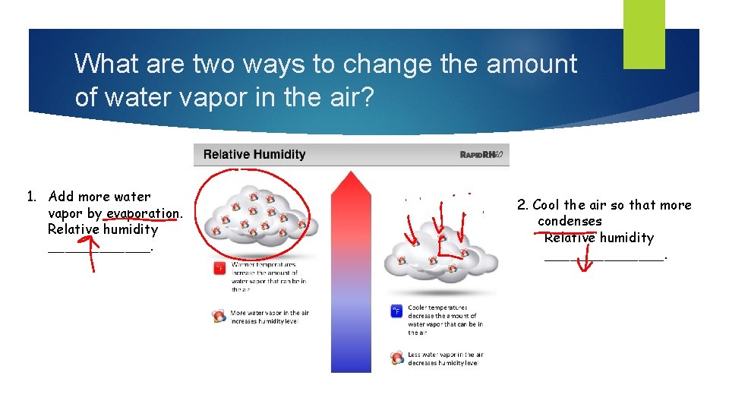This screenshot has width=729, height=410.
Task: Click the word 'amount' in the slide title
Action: (x=532, y=65)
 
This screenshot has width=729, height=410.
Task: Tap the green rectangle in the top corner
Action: (x=643, y=33)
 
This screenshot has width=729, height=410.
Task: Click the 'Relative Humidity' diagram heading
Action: (x=254, y=155)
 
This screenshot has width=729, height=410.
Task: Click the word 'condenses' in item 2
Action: (x=570, y=222)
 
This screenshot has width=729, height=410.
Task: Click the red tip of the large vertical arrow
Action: (x=351, y=182)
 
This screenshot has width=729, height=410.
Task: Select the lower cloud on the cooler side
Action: (x=439, y=254)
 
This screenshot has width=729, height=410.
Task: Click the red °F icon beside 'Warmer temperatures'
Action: (x=219, y=268)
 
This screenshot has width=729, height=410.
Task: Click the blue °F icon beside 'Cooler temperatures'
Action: (x=396, y=311)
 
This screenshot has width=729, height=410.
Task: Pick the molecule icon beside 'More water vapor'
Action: (x=219, y=317)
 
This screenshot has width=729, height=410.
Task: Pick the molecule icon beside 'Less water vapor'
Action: (x=396, y=358)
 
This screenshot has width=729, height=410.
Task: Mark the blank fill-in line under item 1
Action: (x=99, y=248)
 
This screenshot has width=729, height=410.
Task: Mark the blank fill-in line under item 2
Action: (x=604, y=257)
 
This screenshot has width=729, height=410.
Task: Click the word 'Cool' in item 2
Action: (x=547, y=205)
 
